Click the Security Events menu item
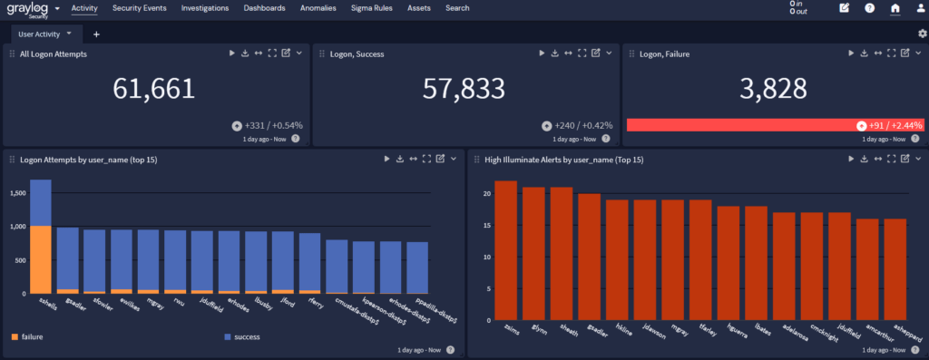tap(139, 8)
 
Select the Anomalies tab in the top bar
tap(318, 8)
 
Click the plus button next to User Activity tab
tap(96, 34)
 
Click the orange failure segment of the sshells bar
tap(40, 259)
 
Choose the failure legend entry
tap(32, 336)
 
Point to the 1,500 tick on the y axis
tap(15, 193)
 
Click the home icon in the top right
tap(895, 8)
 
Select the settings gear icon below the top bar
tap(922, 34)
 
